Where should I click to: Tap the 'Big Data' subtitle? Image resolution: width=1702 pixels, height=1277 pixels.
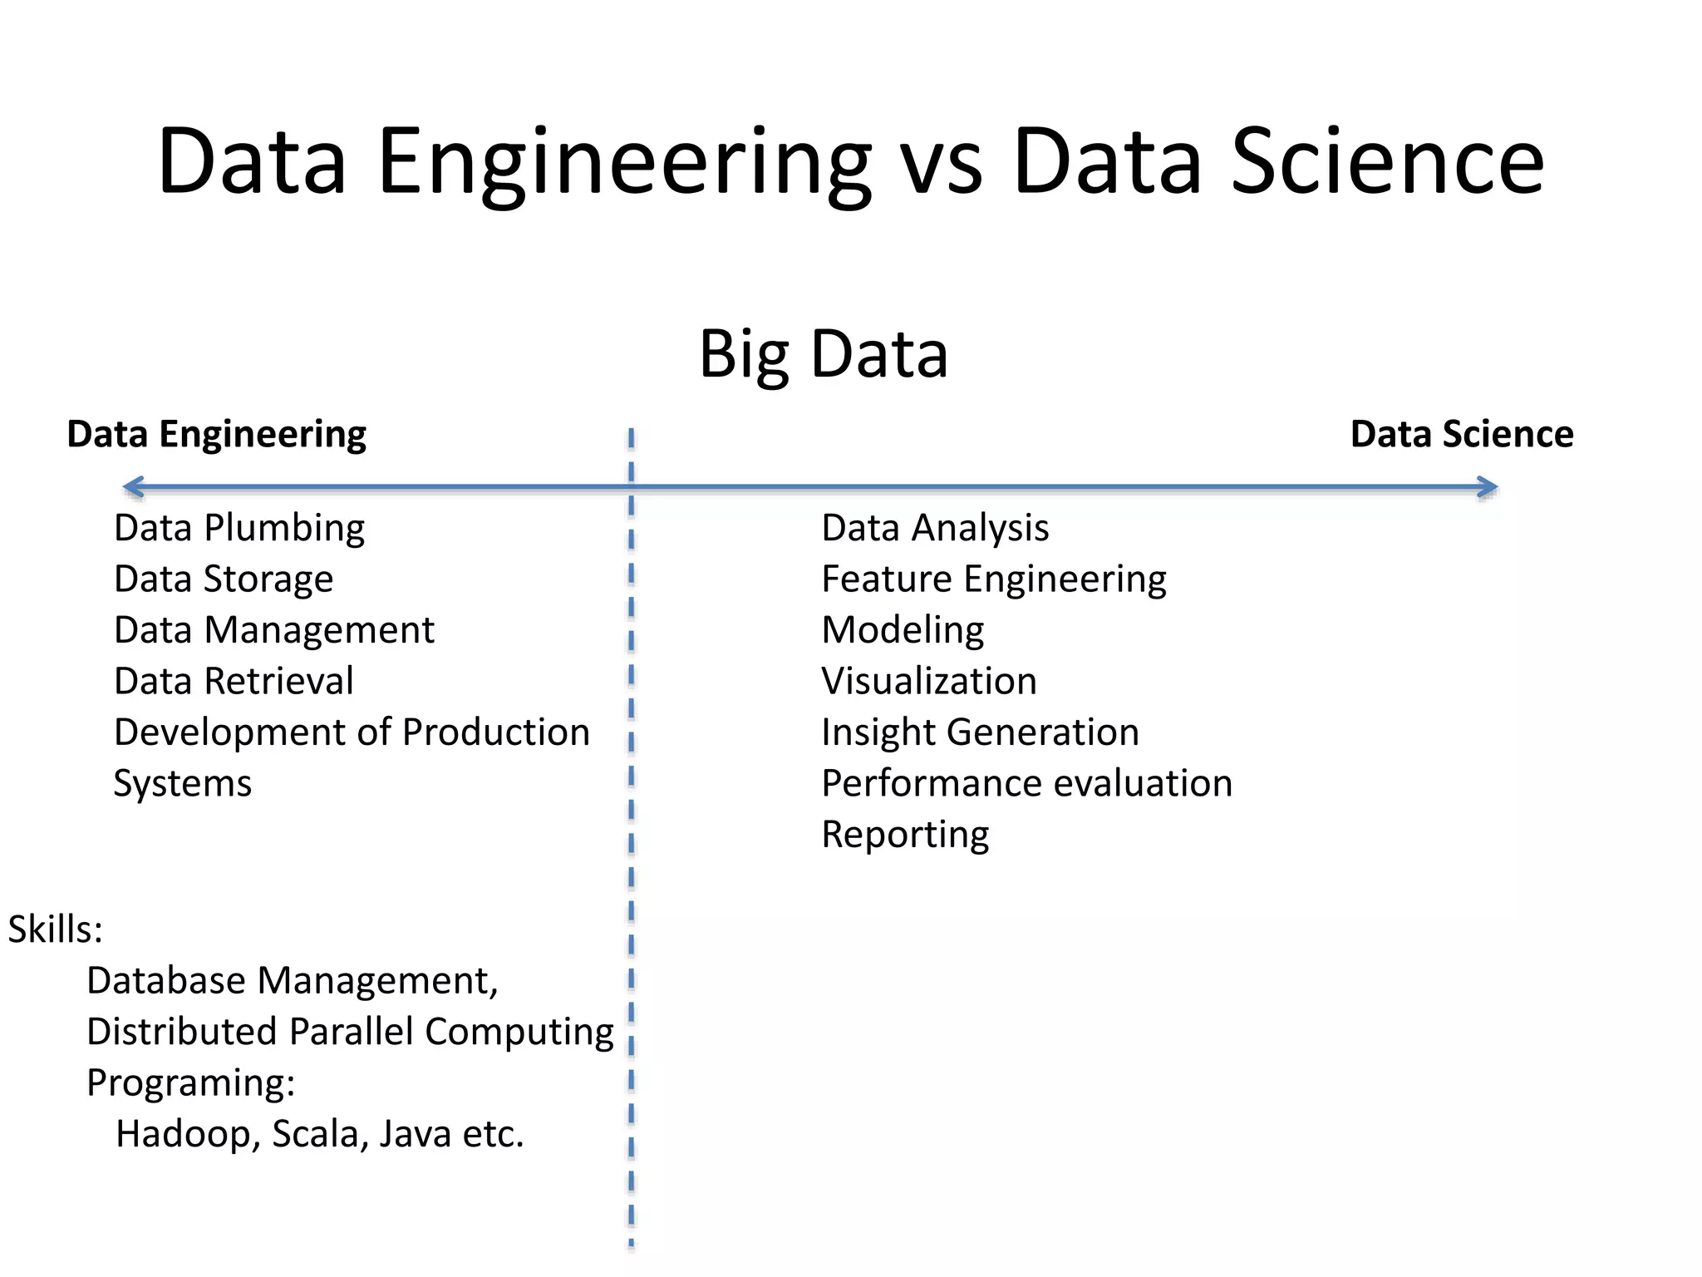823,354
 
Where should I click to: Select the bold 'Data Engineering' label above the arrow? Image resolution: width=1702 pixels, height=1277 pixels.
216,434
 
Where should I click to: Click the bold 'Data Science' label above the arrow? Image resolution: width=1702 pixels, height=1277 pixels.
1462,434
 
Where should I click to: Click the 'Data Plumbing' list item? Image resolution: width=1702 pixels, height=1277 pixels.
239,529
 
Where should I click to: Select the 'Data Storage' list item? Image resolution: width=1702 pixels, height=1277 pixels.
224,579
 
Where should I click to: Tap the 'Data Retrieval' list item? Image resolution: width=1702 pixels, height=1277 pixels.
234,682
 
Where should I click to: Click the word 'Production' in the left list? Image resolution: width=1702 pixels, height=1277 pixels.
496,732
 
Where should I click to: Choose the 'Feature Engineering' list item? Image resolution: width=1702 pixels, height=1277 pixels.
994,579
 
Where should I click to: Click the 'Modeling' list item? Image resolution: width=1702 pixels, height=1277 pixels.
903,630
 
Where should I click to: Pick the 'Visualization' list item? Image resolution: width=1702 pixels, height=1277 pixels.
929,682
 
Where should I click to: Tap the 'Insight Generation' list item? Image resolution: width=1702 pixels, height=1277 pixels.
980,732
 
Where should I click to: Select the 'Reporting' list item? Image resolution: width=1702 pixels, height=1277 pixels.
905,835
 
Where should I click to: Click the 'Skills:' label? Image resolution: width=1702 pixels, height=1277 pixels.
55,929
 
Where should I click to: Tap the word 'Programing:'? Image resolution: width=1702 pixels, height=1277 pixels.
191,1083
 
